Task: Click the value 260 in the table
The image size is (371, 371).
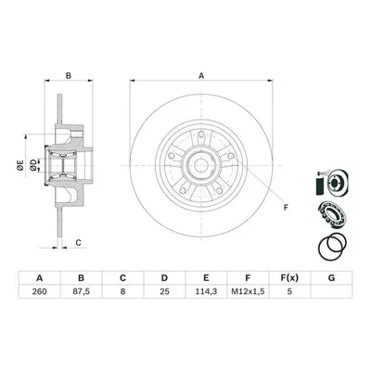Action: [x=39, y=291]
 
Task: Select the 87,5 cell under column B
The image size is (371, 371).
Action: [x=81, y=291]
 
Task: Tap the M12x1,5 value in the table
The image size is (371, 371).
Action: [x=248, y=291]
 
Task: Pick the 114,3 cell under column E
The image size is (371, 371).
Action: [x=206, y=291]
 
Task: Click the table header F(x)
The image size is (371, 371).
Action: [x=289, y=278]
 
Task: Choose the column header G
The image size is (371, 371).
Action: [x=331, y=278]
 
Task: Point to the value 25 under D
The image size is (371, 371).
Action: [x=164, y=291]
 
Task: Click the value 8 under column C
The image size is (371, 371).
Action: [x=122, y=291]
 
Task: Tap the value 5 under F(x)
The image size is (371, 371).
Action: [x=289, y=291]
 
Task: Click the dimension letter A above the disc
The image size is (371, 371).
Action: [x=201, y=75]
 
